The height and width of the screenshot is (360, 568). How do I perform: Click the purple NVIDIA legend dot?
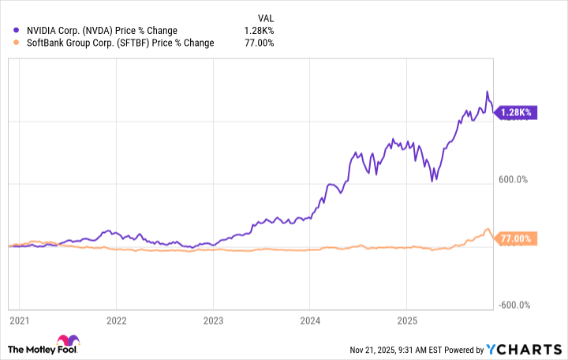(x=17, y=31)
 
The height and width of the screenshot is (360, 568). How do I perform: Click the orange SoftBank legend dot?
(x=17, y=43)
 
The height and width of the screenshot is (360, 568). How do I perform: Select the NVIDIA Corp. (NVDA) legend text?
(x=94, y=31)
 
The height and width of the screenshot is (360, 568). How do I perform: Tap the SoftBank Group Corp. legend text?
(x=119, y=43)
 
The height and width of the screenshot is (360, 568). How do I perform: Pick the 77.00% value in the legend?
(x=260, y=43)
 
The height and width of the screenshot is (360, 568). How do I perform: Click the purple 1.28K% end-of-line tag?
(x=516, y=113)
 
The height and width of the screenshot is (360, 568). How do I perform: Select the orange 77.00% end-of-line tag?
(x=517, y=238)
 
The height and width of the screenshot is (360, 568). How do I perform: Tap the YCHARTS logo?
(x=525, y=349)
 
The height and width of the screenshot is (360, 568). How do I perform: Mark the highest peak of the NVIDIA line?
(x=487, y=92)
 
